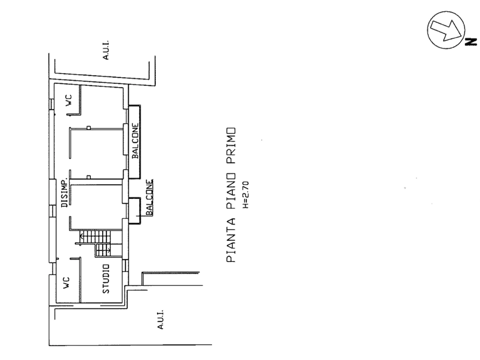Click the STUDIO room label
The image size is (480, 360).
pos(106,279)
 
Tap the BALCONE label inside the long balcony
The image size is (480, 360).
pos(135,141)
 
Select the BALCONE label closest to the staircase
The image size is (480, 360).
pos(150,197)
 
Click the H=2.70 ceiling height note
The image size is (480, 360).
pos(245,195)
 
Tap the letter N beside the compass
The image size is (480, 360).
pos(469,40)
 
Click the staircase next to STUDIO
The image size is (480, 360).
pos(95,241)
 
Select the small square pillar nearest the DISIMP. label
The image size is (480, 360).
pos(88,174)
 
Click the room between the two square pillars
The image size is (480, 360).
pos(97,152)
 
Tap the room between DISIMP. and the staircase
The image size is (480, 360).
pos(97,207)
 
